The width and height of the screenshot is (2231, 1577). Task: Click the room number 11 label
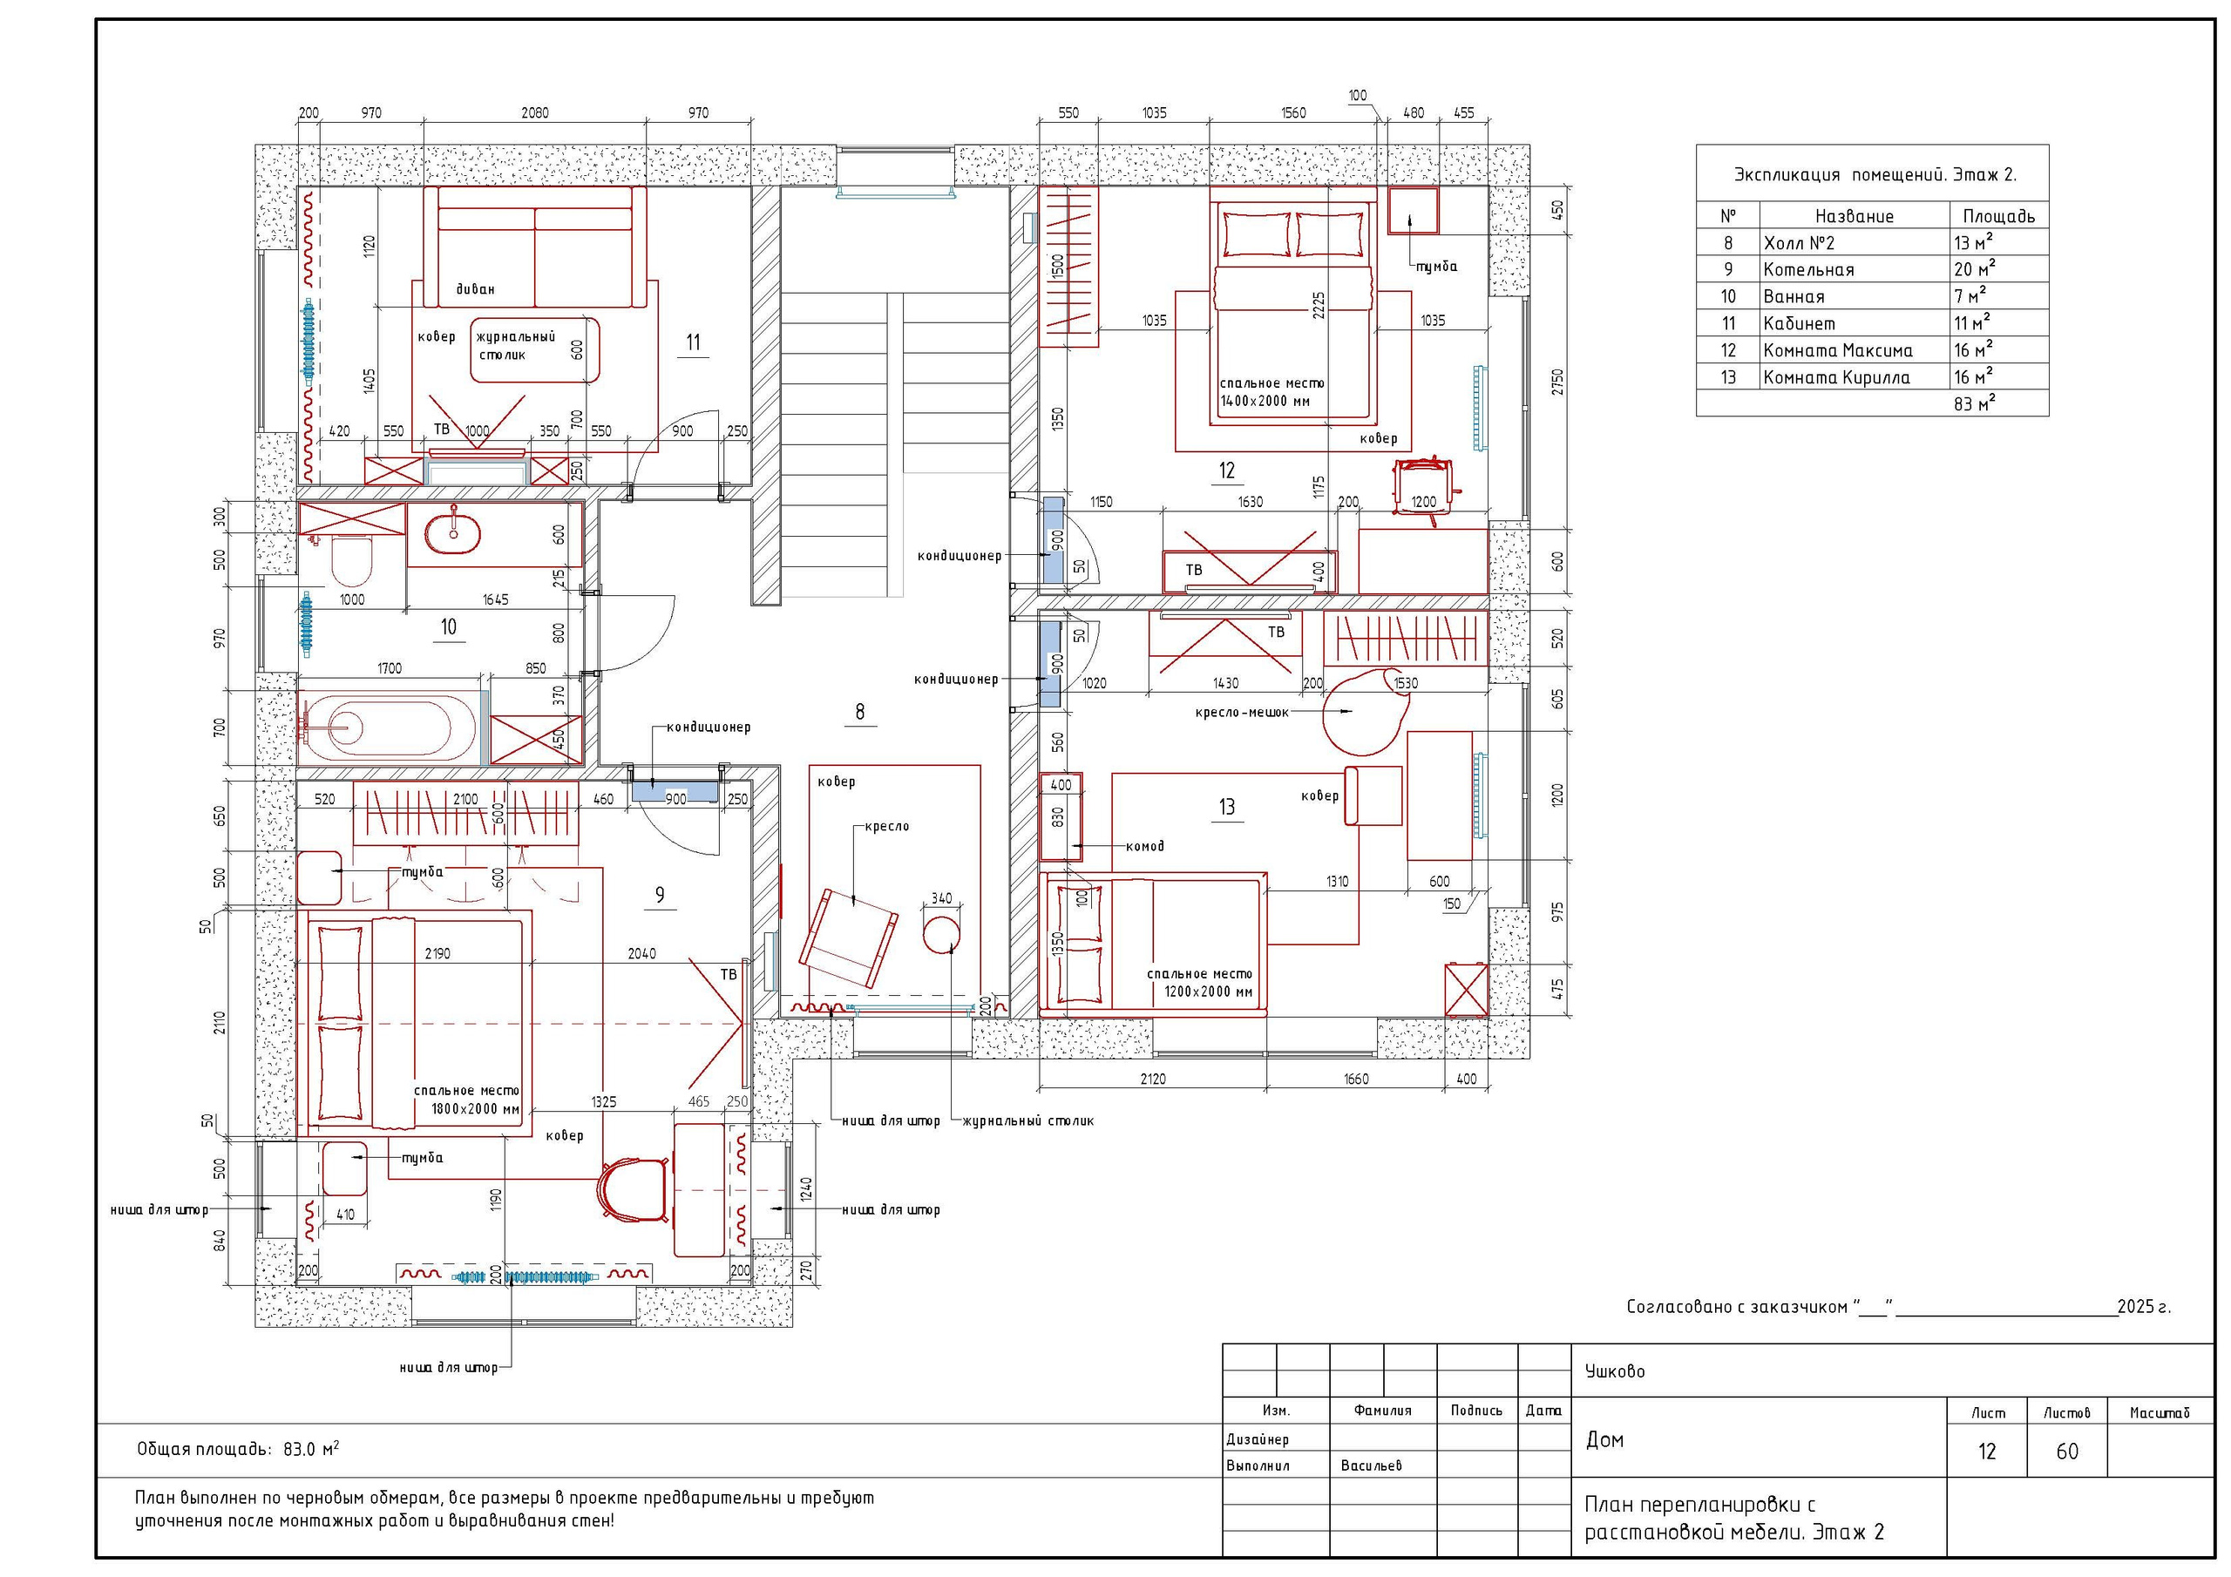693,342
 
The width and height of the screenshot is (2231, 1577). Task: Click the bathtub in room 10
390,725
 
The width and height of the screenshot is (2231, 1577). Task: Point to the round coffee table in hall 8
939,935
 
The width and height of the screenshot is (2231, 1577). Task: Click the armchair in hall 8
848,938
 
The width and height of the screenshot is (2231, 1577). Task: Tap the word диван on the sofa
475,289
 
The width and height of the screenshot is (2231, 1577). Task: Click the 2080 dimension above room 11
534,112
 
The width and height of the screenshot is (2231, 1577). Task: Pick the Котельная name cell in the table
1808,270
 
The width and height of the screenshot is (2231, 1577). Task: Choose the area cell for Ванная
1970,295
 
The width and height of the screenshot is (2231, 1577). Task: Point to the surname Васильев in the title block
1371,1465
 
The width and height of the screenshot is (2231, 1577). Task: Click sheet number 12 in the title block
1986,1452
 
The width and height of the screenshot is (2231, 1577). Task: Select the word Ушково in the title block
1615,1371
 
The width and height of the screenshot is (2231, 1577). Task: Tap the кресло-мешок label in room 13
1242,712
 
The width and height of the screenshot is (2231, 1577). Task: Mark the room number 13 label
1226,807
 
